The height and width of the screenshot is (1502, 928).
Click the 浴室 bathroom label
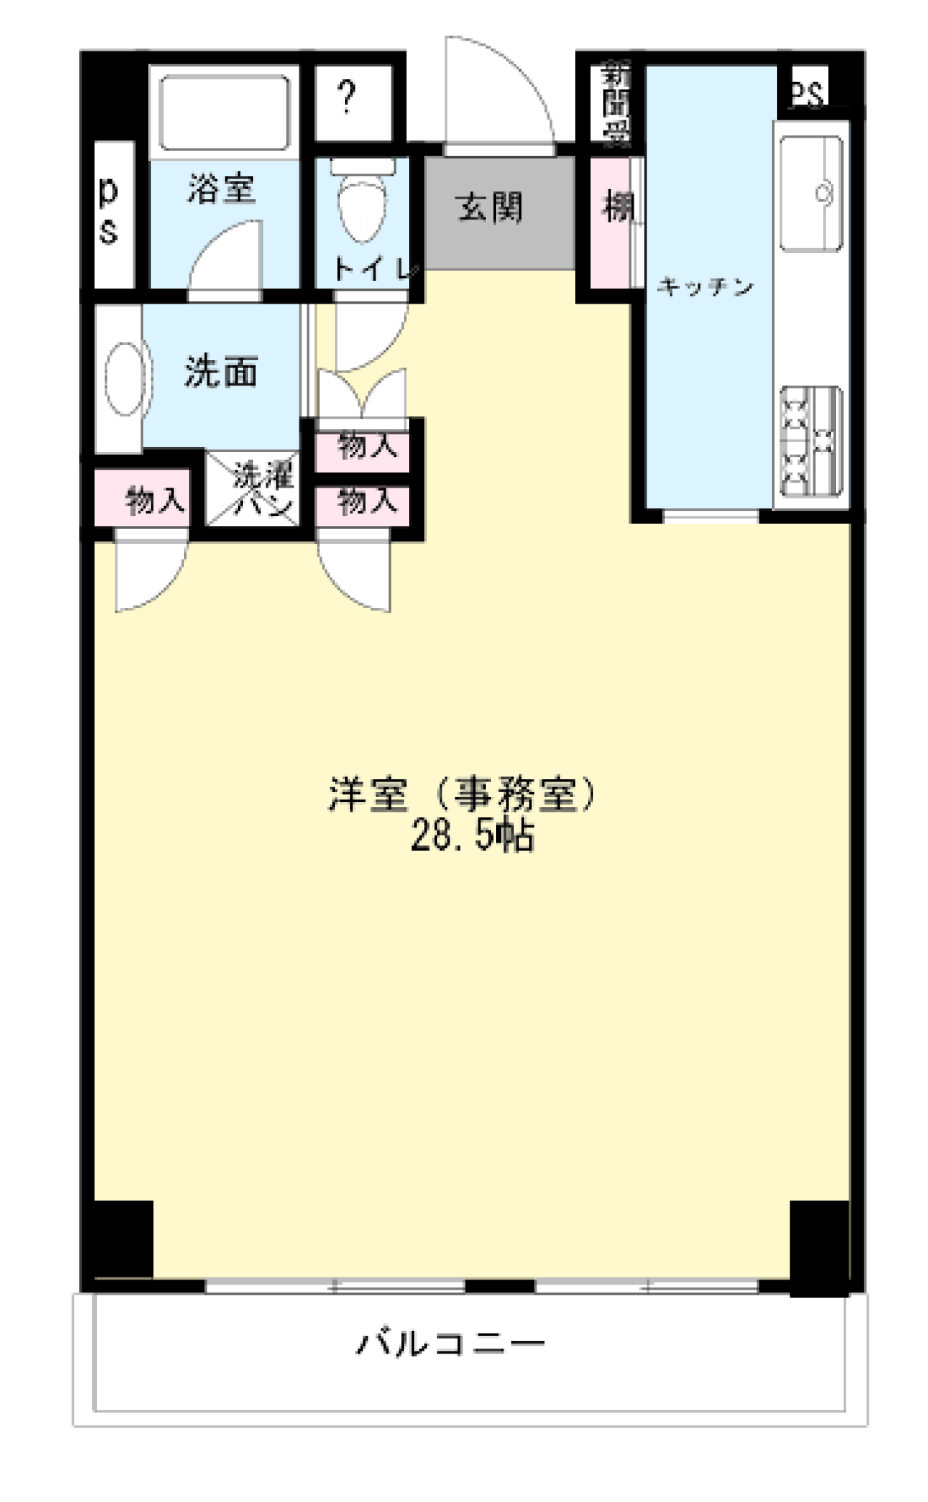click(221, 189)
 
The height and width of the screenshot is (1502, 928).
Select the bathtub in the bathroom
click(224, 112)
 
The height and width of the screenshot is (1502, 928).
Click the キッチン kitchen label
click(705, 288)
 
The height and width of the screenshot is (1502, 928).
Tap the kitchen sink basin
click(813, 193)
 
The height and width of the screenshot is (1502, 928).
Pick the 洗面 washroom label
click(221, 372)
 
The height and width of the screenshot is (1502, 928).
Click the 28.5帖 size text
click(472, 836)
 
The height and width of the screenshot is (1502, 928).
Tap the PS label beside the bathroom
click(108, 212)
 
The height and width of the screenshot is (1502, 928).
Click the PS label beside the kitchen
click(807, 92)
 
